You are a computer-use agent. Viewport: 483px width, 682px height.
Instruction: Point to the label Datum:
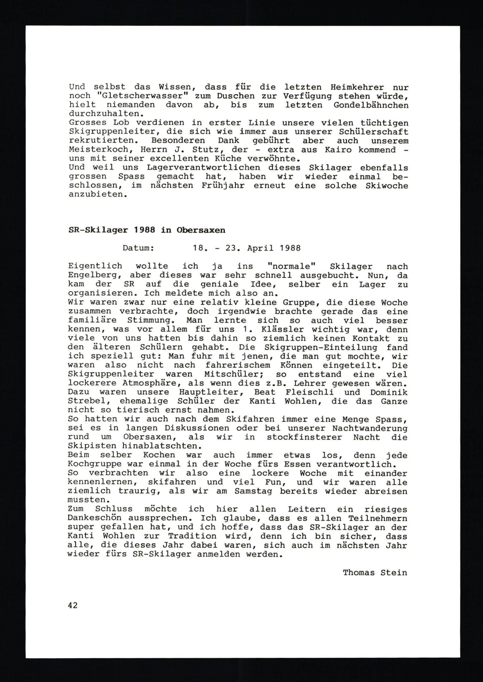coord(138,248)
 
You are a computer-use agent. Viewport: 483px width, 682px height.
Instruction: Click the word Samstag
coord(253,492)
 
